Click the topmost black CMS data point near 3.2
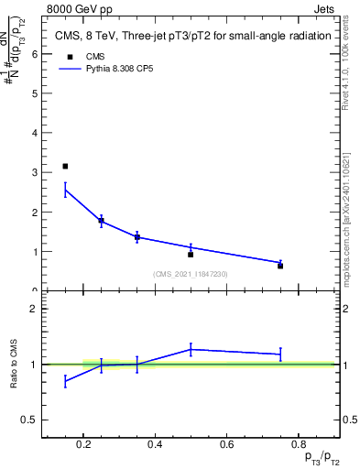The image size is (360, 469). tap(65, 166)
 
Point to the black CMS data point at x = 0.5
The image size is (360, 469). tap(191, 254)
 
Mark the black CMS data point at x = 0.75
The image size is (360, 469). tap(280, 266)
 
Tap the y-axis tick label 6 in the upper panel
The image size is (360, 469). tap(34, 53)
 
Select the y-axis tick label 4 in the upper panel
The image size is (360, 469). tap(34, 133)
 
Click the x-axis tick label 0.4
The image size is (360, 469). tap(155, 446)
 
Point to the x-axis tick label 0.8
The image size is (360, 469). tap(298, 446)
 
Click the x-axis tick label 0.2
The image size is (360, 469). tap(83, 446)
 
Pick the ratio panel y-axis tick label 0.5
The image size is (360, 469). tap(29, 420)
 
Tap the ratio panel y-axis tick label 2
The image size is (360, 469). tap(34, 309)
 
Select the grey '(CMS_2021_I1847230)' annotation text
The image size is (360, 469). tap(191, 275)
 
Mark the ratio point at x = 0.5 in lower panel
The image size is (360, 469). tap(191, 349)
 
